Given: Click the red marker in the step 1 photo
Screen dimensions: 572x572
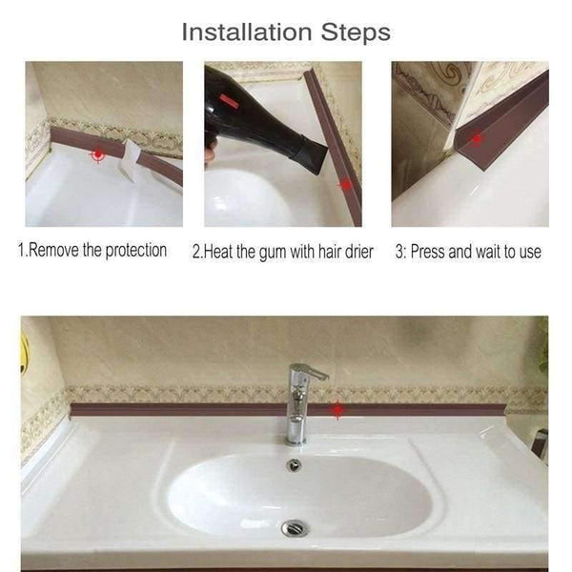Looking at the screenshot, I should click(97, 153).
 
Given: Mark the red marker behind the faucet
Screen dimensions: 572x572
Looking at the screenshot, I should click(337, 411).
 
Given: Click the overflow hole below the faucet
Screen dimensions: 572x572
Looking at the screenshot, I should click(294, 465).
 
